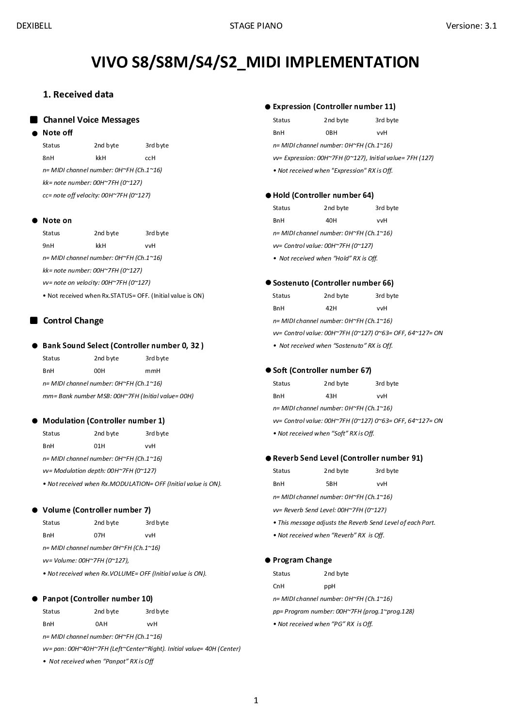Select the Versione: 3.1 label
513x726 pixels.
471,26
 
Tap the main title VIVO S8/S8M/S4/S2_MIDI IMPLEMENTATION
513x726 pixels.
255,62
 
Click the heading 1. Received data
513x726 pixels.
78,95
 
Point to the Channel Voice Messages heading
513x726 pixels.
91,120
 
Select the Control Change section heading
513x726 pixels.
73,321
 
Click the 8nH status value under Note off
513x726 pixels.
48,158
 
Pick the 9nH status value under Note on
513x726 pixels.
48,245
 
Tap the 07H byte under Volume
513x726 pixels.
99,535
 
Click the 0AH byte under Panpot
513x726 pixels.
101,624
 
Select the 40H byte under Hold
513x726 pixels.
331,220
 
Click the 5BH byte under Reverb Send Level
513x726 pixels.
332,484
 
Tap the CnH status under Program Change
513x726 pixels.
279,586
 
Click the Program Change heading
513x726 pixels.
302,560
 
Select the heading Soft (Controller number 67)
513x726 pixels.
322,371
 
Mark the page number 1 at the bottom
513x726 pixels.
256,700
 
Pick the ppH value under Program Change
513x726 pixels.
330,586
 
